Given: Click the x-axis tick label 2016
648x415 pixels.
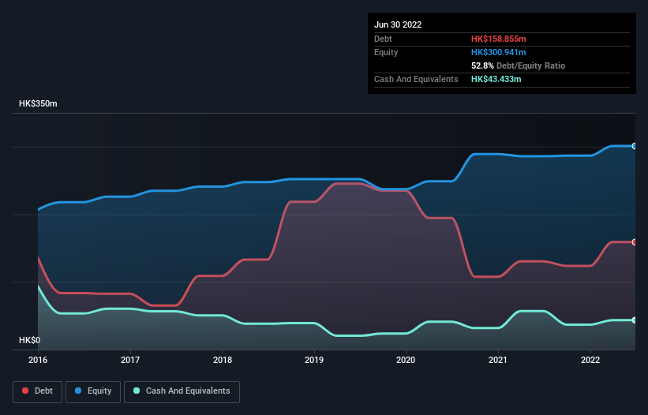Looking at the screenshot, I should [38, 360].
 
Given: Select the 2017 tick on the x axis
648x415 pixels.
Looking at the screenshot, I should [130, 360].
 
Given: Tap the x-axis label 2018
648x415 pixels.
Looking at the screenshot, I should [223, 360].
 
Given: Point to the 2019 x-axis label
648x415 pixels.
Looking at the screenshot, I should [314, 360].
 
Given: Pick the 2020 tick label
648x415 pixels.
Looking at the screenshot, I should [406, 360].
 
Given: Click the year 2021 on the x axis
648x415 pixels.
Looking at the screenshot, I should [498, 360].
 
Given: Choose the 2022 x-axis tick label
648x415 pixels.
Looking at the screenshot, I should [590, 360].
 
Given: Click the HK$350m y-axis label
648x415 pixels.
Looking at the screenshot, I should [39, 104].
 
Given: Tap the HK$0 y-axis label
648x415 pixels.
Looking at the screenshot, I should [29, 340].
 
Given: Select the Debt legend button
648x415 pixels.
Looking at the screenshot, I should [38, 391].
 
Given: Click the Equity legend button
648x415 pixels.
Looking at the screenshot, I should [94, 391].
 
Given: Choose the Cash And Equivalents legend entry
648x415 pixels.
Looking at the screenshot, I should [182, 391].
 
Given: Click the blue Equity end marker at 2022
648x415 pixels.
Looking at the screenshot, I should [635, 146].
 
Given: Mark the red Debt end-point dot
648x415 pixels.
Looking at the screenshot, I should [635, 242].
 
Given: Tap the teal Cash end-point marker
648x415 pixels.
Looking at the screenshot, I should [635, 320].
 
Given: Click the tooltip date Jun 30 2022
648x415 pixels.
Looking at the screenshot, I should [398, 24].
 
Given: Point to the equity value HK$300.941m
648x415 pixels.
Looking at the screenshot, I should [498, 52].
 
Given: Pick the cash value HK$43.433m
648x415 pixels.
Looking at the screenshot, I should [496, 79].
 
